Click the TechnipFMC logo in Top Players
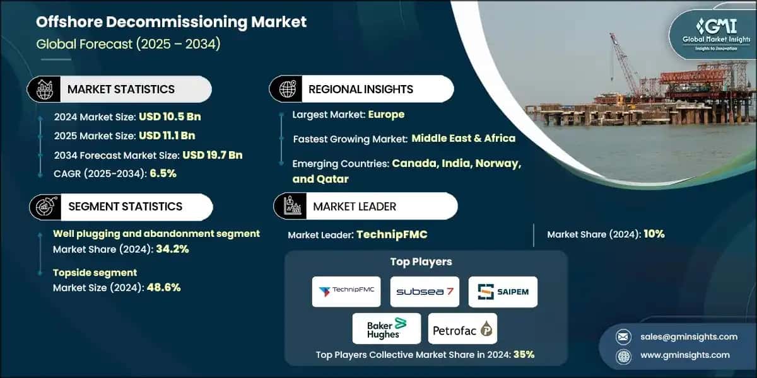coord(346,292)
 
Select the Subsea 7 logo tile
coord(424,292)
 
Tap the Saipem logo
coord(503,292)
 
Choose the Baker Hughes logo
coord(387,328)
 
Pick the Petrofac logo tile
coord(462,328)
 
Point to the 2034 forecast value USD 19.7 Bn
coord(213,155)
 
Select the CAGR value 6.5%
coord(163,174)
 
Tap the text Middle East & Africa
coord(464,139)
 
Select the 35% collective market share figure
coord(524,355)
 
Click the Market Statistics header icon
coord(44,89)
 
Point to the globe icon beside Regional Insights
coord(287,89)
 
